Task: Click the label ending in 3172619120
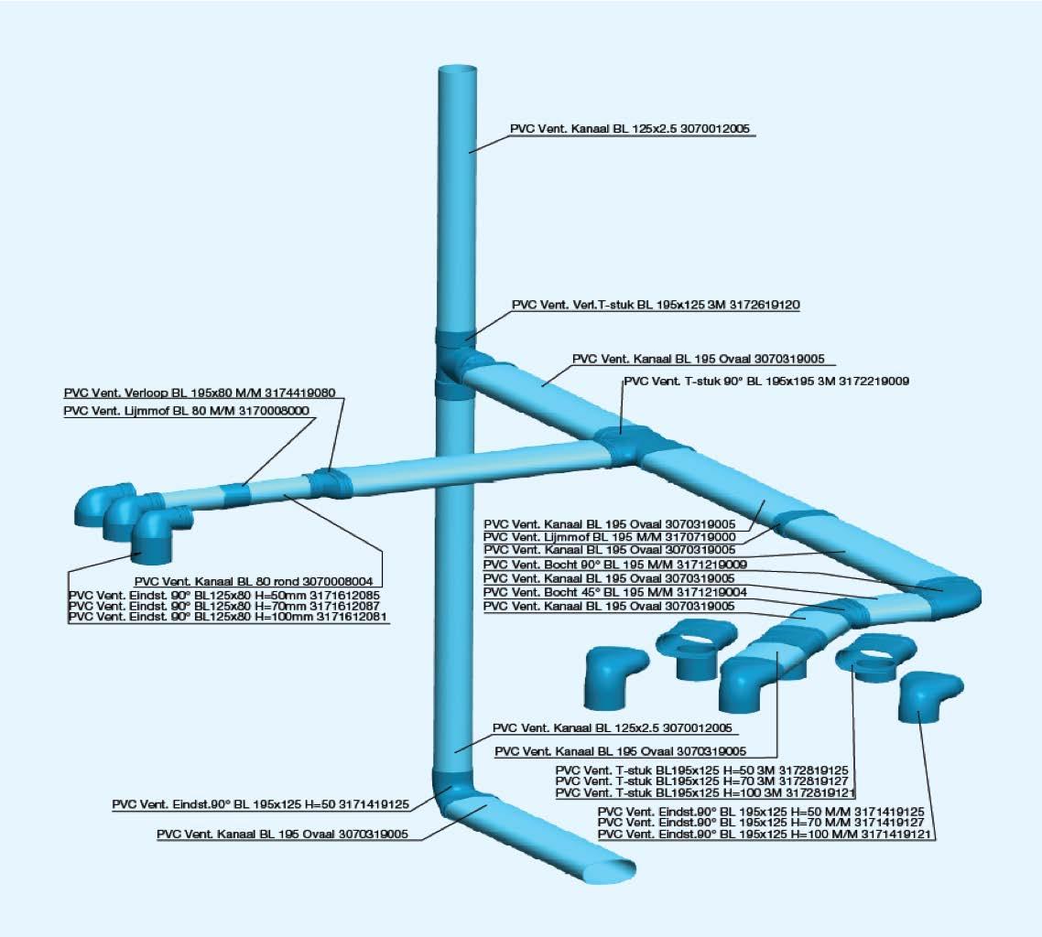coord(656,305)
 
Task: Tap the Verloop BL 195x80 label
coord(200,393)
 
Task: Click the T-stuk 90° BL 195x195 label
coord(765,381)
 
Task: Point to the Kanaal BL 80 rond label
coord(257,581)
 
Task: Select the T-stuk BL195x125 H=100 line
coord(705,793)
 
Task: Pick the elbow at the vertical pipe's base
coord(453,792)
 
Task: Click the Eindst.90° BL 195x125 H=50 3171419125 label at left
coord(262,805)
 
